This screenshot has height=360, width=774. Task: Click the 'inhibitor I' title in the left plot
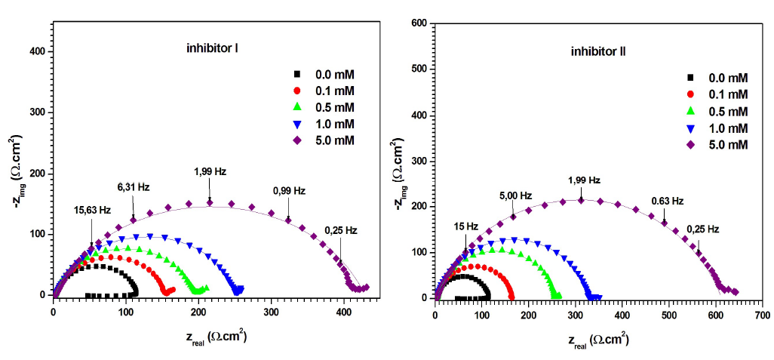click(x=213, y=49)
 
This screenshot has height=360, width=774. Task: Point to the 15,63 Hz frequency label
click(x=92, y=210)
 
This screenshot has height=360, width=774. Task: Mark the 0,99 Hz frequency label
click(x=288, y=191)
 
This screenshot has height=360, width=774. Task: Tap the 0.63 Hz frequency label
click(x=667, y=201)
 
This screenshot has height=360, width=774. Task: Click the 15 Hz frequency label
click(x=465, y=226)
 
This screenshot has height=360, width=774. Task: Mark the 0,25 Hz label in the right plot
click(x=703, y=229)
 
